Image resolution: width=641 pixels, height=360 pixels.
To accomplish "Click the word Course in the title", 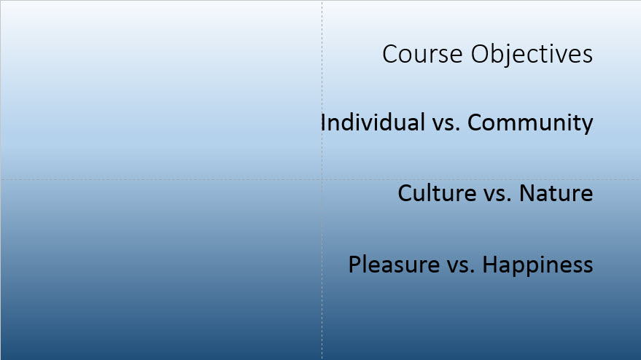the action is (x=422, y=54).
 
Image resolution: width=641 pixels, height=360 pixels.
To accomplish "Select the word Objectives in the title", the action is (x=532, y=55).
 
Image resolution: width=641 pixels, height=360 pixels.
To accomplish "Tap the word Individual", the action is (x=373, y=122).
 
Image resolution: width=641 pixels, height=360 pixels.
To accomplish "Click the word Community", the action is (x=530, y=123).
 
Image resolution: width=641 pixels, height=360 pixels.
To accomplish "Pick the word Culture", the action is (x=437, y=193).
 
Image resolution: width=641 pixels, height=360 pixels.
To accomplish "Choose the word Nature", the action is (x=556, y=193).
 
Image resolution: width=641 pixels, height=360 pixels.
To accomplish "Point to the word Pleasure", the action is (x=394, y=264).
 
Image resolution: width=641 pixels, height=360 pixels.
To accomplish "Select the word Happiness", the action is (x=537, y=265).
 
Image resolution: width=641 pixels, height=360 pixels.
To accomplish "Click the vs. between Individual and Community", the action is (x=446, y=125).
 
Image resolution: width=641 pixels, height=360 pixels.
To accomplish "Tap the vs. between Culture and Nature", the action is (x=497, y=195).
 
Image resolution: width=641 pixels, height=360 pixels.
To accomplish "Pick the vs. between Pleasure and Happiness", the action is (x=461, y=267).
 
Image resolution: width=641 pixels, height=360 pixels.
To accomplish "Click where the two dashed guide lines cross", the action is (x=322, y=179).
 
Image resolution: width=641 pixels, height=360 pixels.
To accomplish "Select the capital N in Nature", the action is (x=527, y=193).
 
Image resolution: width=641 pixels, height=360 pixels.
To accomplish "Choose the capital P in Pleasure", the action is (x=355, y=264).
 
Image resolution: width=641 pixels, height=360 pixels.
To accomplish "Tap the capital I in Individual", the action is (x=323, y=122).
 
